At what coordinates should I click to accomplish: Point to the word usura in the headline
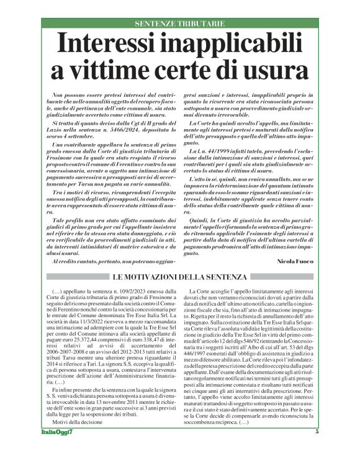tap(278, 68)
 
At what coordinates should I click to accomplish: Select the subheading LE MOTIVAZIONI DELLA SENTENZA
tap(179, 276)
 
